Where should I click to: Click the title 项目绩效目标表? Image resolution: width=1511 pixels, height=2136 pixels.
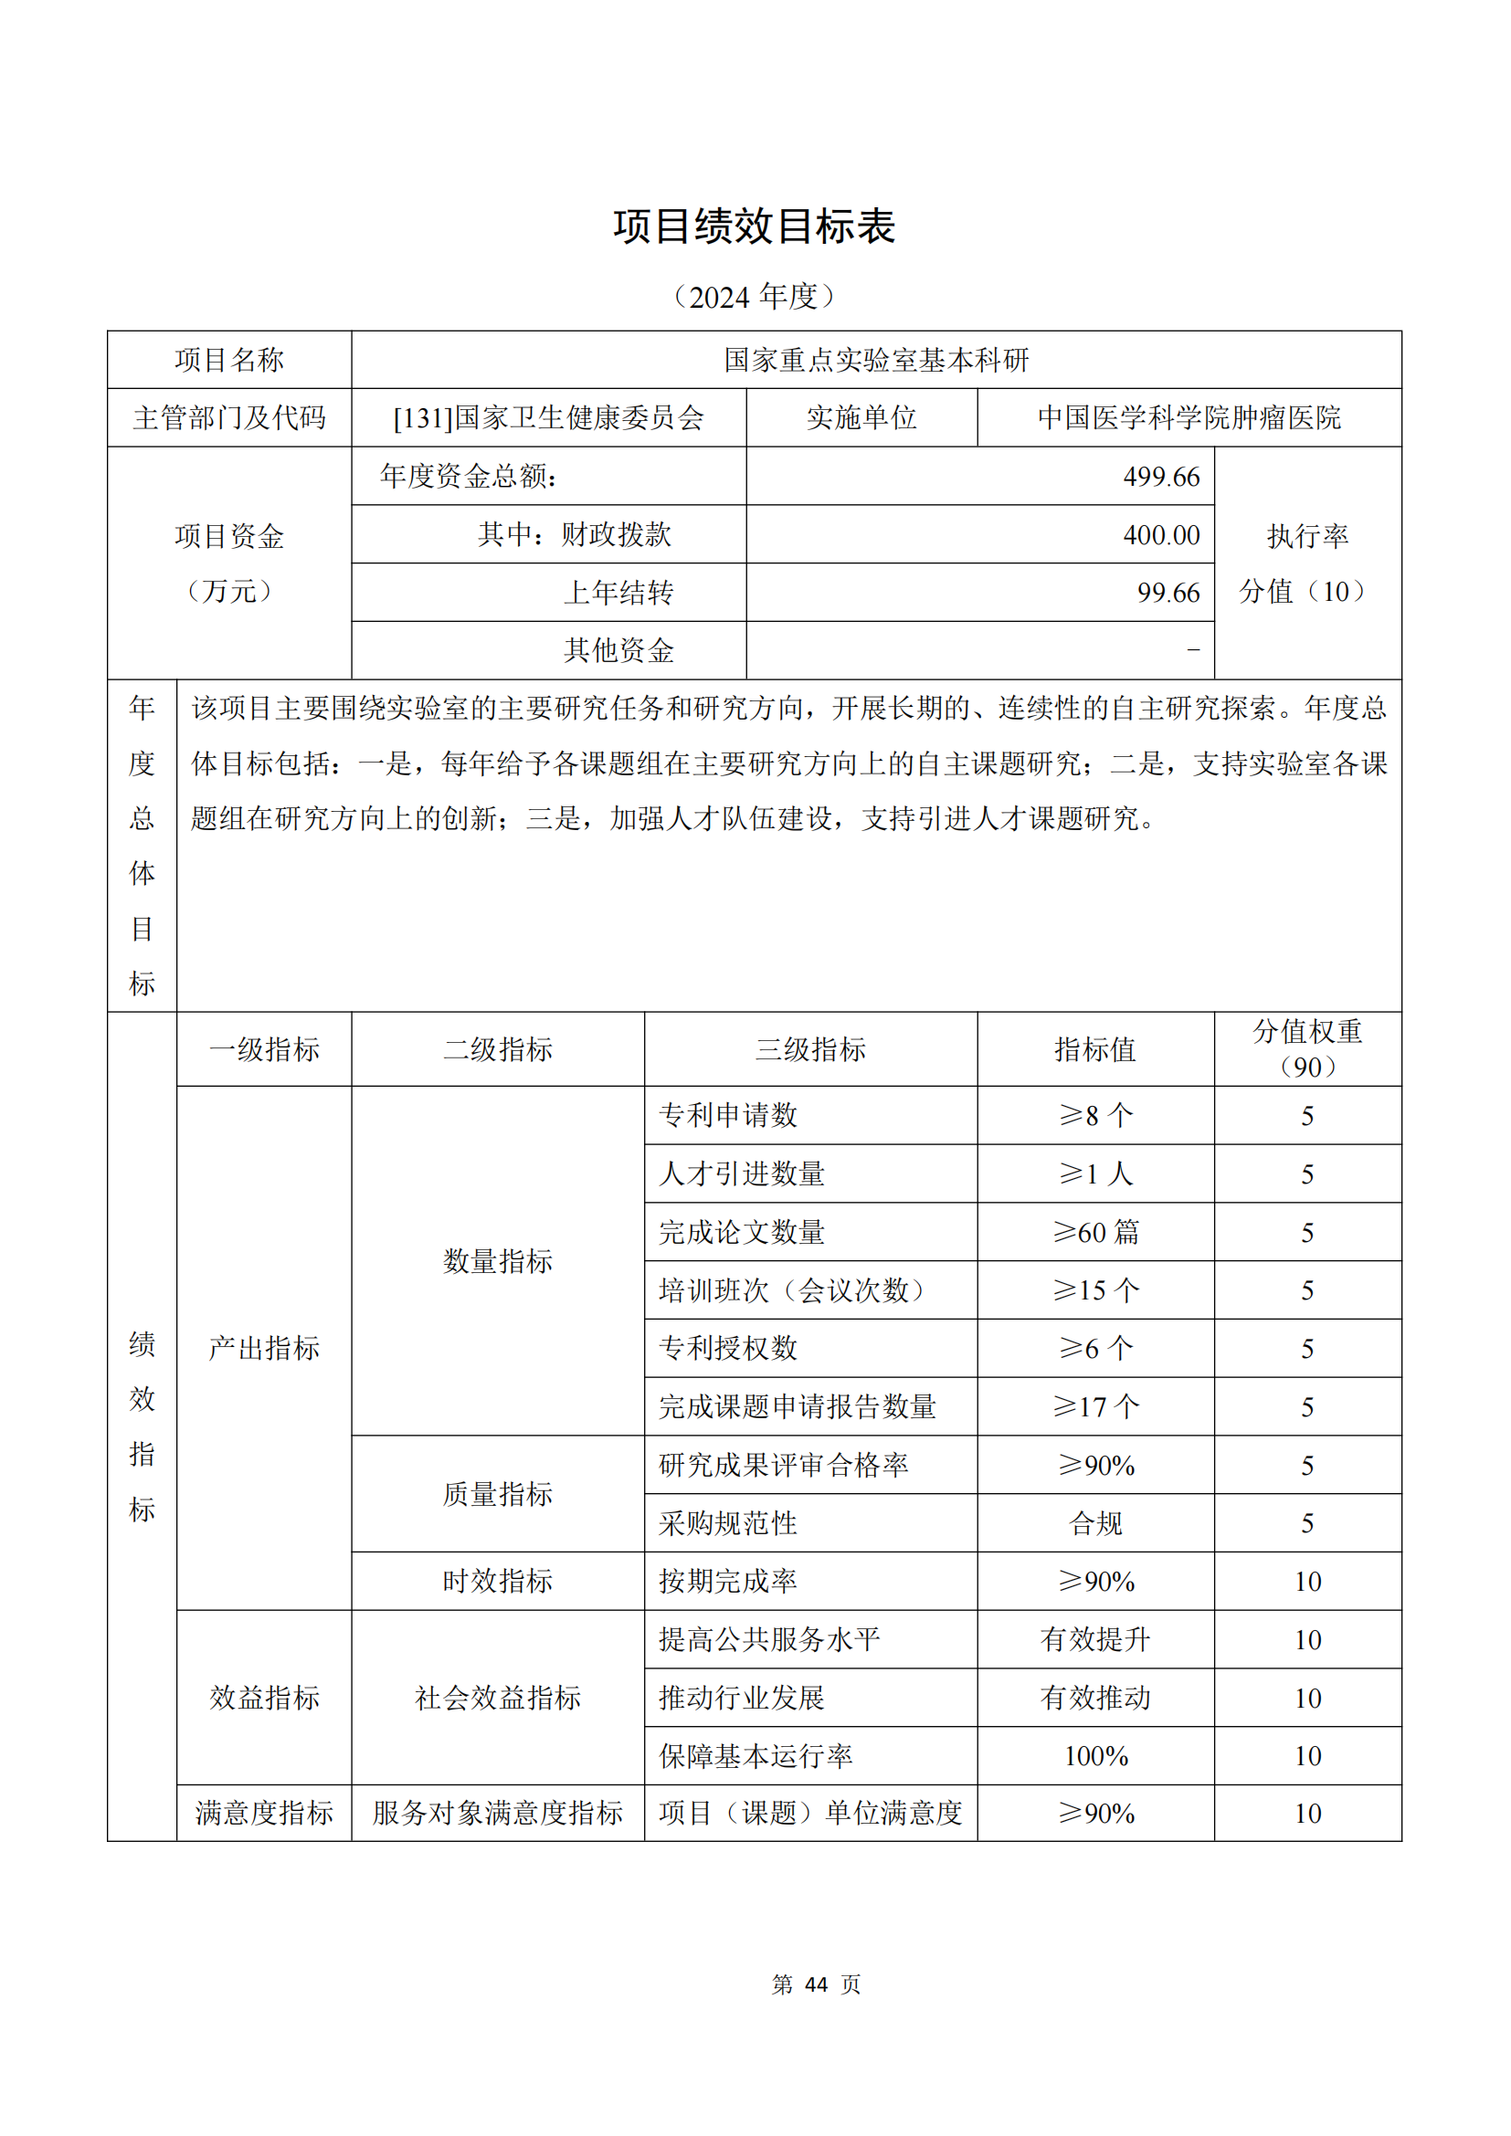tap(754, 226)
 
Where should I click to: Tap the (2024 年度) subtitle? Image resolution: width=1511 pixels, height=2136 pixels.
tap(754, 297)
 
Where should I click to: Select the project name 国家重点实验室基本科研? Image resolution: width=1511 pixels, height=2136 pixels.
tap(876, 360)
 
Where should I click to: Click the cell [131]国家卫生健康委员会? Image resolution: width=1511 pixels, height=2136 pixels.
tap(549, 418)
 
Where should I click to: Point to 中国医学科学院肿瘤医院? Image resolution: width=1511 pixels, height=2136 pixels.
tap(1189, 418)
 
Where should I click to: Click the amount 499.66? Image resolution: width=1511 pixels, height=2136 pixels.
tap(1161, 478)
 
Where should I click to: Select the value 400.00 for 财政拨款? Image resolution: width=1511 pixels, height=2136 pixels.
tap(1161, 535)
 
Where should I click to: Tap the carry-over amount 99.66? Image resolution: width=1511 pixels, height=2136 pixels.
tap(1168, 593)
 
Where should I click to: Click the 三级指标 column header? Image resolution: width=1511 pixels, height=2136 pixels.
tap(810, 1050)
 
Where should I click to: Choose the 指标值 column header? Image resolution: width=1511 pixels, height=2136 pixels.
tap(1095, 1050)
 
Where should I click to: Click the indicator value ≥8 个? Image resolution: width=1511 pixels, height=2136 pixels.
tap(1096, 1115)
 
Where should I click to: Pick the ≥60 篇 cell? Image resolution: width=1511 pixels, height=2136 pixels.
tap(1096, 1233)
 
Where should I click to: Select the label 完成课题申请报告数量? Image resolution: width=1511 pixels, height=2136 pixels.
tap(798, 1406)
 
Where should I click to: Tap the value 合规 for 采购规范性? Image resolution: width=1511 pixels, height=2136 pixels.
tap(1096, 1523)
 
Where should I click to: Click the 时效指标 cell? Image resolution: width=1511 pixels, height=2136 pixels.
tap(498, 1581)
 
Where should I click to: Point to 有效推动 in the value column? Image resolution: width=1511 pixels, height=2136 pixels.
tap(1096, 1698)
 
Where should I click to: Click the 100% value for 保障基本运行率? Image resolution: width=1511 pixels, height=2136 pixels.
tap(1096, 1755)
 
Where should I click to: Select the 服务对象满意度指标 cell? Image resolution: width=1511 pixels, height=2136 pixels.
tap(498, 1814)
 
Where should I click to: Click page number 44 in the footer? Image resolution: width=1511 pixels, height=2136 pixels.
tap(816, 1984)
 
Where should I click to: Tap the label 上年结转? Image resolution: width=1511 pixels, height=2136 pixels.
tap(618, 593)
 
